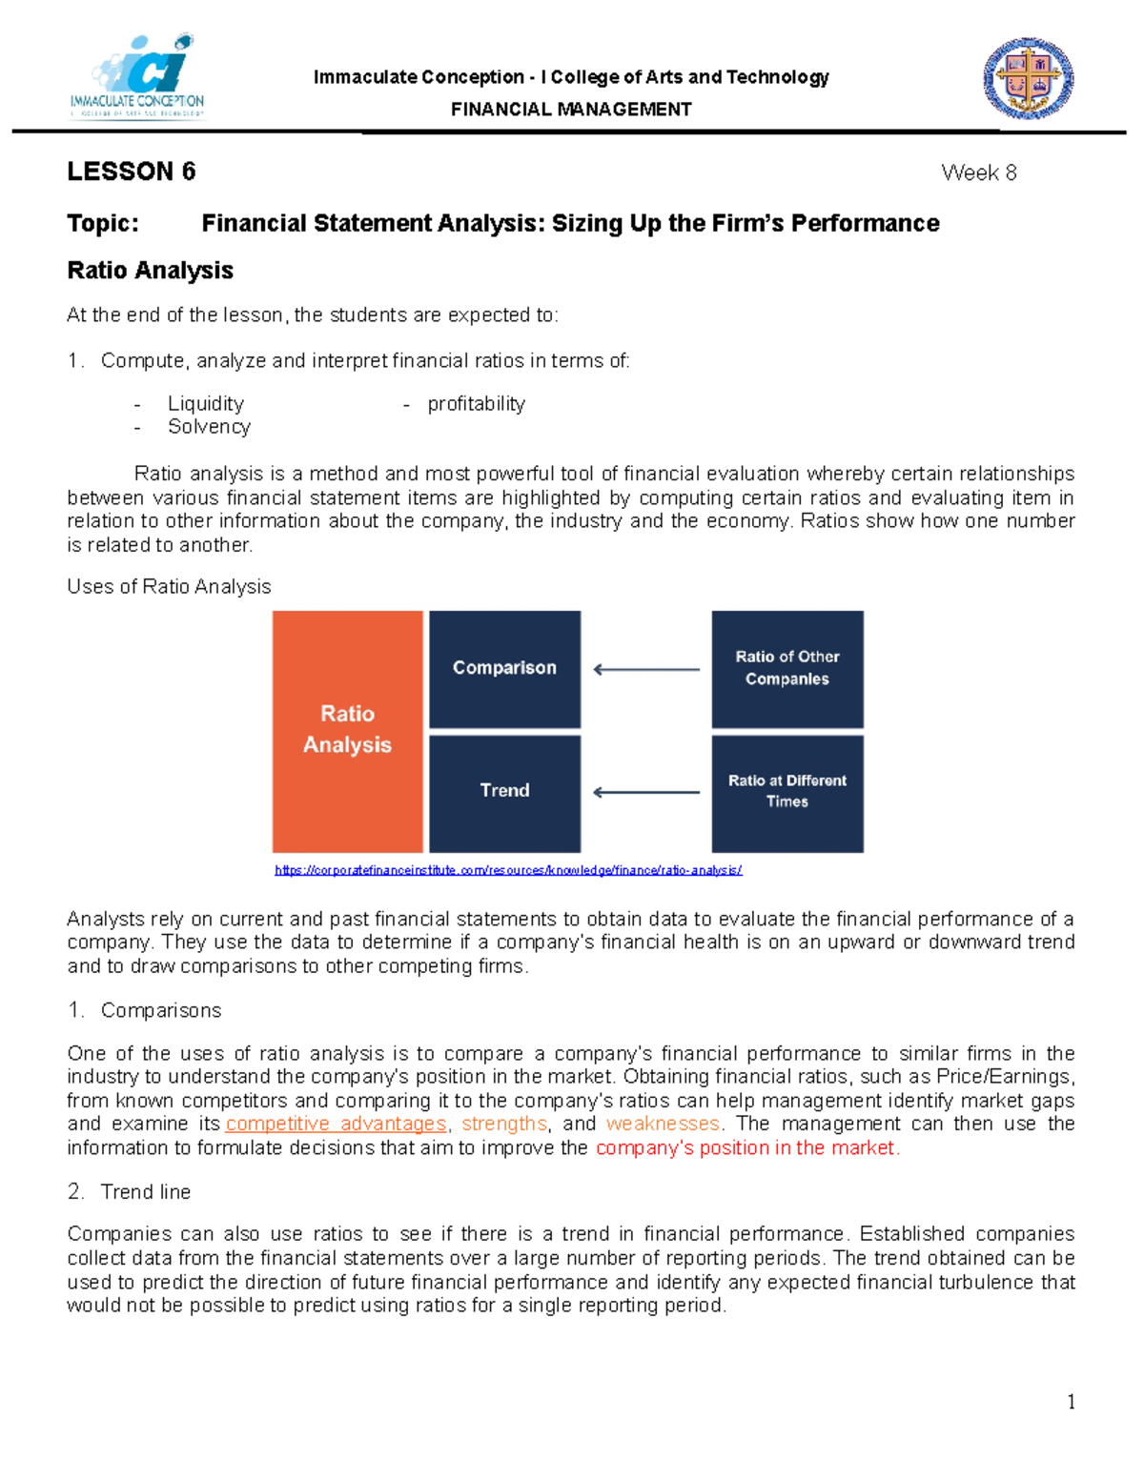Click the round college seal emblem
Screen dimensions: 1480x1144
(x=1029, y=79)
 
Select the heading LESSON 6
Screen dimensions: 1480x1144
(x=132, y=172)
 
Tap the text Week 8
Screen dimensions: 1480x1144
(x=978, y=172)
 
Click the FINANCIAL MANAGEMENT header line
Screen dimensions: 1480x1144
(x=571, y=110)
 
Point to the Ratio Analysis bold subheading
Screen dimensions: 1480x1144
(x=151, y=271)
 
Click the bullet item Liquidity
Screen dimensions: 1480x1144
(x=206, y=404)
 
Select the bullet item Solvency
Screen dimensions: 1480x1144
(x=209, y=427)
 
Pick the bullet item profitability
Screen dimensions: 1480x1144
(x=476, y=404)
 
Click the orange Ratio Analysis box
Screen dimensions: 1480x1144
(x=347, y=731)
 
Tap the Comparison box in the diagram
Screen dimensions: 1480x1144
(x=504, y=668)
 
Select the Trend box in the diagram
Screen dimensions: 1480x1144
(x=504, y=791)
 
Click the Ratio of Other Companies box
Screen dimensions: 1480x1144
(x=787, y=668)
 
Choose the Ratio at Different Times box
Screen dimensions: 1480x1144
(x=787, y=791)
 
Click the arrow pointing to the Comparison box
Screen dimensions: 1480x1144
(x=646, y=670)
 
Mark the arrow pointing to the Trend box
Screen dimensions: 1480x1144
(x=646, y=792)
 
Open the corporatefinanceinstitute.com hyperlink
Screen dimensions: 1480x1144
(x=508, y=870)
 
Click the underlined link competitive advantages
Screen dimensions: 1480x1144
(x=336, y=1125)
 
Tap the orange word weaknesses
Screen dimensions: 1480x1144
(x=663, y=1125)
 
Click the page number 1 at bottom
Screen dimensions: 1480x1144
(x=1072, y=1402)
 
